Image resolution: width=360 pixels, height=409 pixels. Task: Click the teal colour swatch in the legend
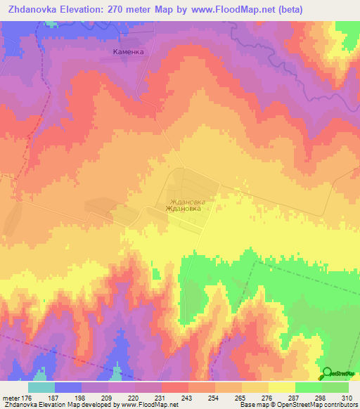[41, 388]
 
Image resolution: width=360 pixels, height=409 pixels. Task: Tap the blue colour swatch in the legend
[68, 388]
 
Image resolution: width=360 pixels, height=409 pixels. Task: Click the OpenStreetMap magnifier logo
[327, 374]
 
